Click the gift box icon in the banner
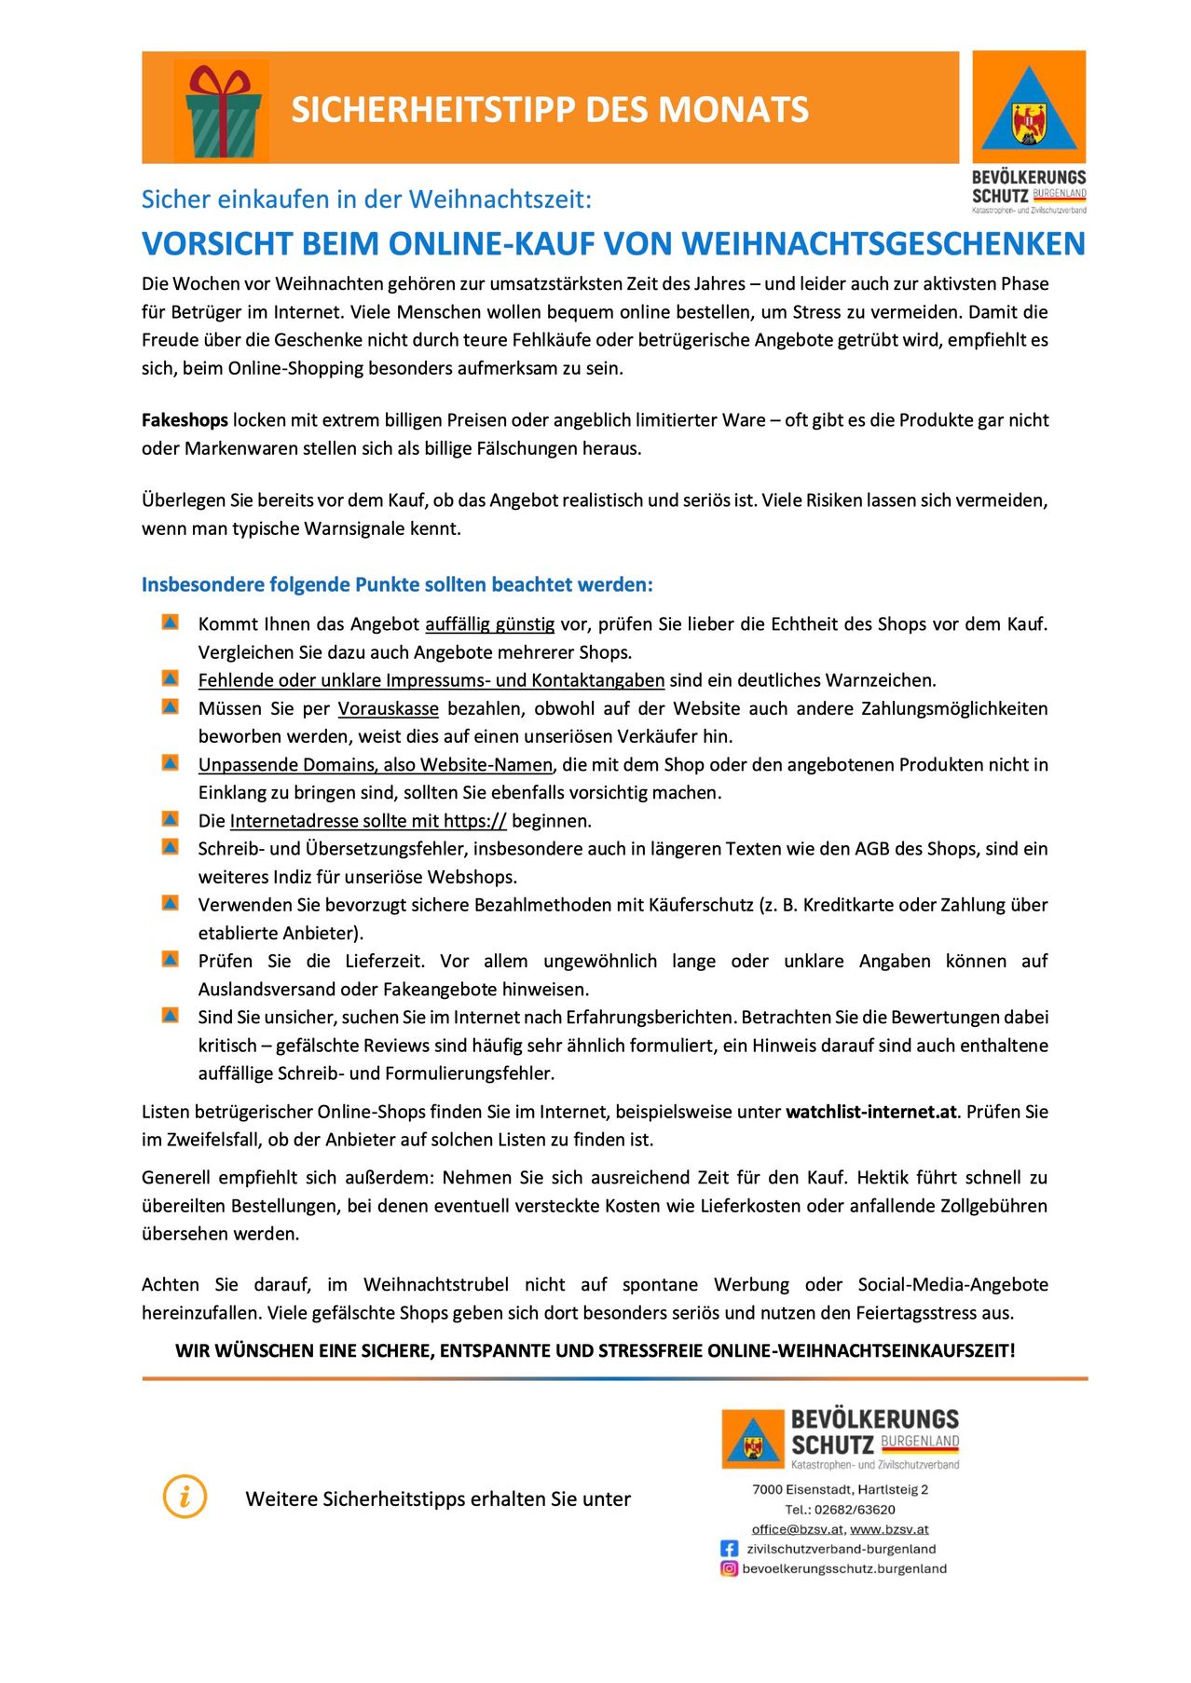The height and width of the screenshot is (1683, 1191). (221, 110)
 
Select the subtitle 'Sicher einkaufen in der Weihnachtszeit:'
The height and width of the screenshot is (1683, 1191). (366, 199)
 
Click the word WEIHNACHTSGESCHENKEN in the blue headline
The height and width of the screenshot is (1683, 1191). (883, 244)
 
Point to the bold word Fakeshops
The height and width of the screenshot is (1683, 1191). (185, 420)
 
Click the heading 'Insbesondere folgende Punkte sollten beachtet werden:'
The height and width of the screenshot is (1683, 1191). (397, 585)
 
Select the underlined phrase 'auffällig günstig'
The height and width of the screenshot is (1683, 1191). (489, 624)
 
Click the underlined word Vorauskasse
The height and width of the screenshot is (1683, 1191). (388, 708)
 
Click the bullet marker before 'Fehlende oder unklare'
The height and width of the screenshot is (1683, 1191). (170, 678)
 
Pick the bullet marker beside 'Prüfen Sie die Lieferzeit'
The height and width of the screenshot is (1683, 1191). (170, 959)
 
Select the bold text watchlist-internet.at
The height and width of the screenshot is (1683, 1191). (871, 1112)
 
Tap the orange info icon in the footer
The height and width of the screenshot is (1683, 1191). (185, 1497)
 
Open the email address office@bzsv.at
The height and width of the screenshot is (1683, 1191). (797, 1529)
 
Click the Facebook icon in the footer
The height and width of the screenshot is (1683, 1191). (729, 1549)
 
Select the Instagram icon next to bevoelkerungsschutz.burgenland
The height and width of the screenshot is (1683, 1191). (729, 1568)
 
